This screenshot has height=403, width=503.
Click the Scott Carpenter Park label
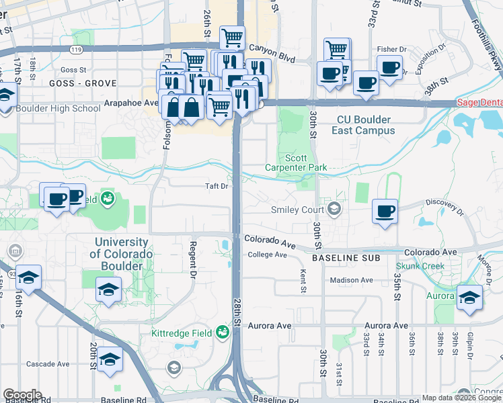pyautogui.click(x=305, y=163)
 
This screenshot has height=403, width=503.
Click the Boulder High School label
pyautogui.click(x=58, y=108)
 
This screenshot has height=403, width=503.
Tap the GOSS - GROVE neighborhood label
pyautogui.click(x=83, y=83)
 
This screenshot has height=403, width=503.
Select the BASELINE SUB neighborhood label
pyautogui.click(x=346, y=257)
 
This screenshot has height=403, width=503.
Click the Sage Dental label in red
pyautogui.click(x=479, y=103)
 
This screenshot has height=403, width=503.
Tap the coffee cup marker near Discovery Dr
pyautogui.click(x=385, y=212)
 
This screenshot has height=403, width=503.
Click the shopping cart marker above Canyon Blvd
pyautogui.click(x=232, y=38)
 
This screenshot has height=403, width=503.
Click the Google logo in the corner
pyautogui.click(x=22, y=395)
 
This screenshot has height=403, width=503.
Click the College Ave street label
pyautogui.click(x=267, y=255)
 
